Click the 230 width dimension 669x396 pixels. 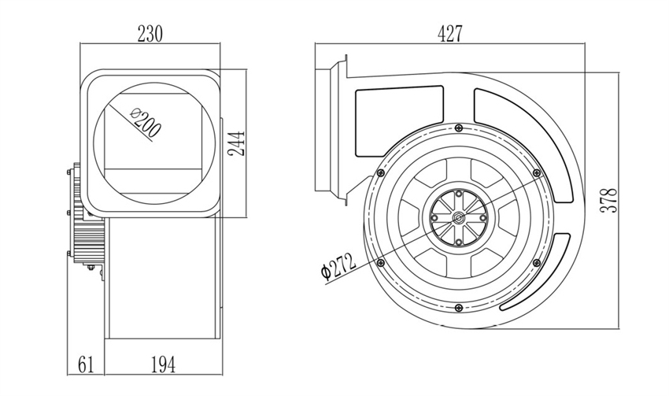pos(150,34)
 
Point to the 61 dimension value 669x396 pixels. pos(85,364)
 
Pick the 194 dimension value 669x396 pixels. pos(161,364)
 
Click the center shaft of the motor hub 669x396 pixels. pos(458,217)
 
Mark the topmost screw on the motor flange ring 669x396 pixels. pos(458,128)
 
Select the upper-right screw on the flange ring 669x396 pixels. pos(536,172)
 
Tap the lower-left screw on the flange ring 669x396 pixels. pos(381,261)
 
